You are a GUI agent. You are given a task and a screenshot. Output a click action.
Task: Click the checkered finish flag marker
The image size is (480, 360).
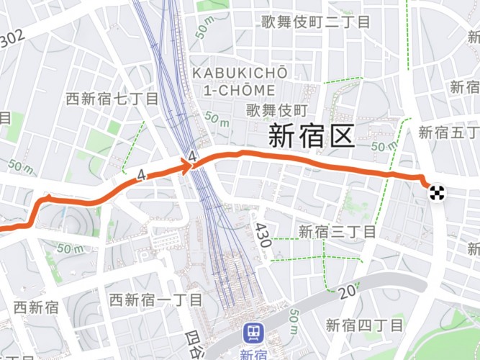[x=436, y=192]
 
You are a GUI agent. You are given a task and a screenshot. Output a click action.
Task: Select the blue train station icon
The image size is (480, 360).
[x=253, y=333]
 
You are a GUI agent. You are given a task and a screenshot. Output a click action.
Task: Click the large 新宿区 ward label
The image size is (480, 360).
[x=312, y=135]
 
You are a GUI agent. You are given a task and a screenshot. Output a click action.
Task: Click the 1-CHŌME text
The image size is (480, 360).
[x=240, y=91]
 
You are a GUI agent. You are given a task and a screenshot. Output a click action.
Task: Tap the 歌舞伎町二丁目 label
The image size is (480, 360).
[x=315, y=22]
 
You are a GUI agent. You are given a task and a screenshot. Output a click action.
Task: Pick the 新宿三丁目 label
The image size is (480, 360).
[x=337, y=232]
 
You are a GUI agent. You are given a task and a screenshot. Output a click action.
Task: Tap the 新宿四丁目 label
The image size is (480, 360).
[x=365, y=325]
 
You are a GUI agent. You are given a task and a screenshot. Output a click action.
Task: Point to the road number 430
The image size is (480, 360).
[x=262, y=235]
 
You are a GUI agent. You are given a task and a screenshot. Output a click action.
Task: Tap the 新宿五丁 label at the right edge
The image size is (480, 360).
[x=448, y=132]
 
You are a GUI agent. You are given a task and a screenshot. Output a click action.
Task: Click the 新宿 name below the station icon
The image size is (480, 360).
[x=253, y=354]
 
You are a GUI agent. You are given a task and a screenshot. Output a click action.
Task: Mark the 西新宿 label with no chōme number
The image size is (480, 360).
[x=36, y=307]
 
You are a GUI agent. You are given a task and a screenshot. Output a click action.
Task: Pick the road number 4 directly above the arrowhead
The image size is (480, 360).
[x=191, y=156]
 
